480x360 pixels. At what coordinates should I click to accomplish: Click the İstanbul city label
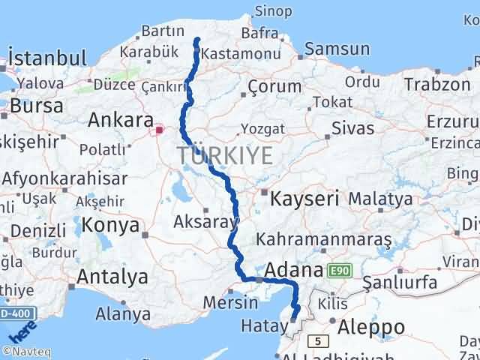46,58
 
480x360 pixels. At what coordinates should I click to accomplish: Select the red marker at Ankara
159,130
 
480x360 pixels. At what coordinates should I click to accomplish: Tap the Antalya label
112,277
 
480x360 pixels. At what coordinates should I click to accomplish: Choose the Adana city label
295,269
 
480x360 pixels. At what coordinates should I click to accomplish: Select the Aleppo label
372,327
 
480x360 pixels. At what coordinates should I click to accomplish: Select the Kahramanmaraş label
324,240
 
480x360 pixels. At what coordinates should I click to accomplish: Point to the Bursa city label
37,106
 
